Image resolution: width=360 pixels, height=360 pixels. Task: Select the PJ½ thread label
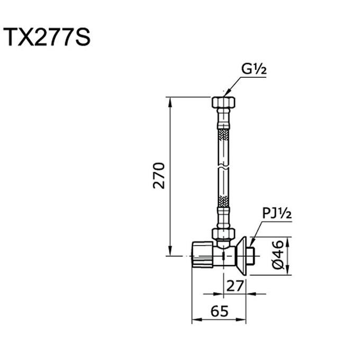(x=277, y=214)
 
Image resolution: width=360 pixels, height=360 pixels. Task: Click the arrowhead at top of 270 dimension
(x=170, y=101)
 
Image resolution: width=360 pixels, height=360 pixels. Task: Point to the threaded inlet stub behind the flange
(x=253, y=256)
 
